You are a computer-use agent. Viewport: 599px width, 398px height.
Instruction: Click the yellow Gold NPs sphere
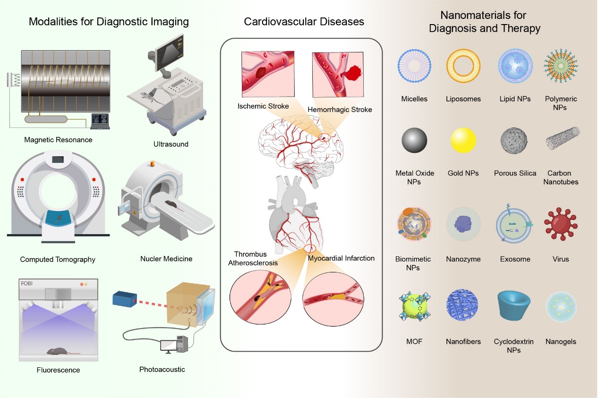463,141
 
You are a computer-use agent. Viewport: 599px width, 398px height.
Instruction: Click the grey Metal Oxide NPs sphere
414,141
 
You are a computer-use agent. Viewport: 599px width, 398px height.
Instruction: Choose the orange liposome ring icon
463,66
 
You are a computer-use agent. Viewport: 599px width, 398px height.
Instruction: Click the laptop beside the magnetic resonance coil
99,121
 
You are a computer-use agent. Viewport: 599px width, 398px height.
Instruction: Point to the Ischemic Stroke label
263,106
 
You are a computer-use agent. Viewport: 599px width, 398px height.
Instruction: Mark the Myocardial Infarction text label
341,258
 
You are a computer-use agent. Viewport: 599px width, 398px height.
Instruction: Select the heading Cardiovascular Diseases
304,22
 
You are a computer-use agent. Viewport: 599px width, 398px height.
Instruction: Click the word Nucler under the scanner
151,259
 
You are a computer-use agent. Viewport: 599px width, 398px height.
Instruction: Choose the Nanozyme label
463,259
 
